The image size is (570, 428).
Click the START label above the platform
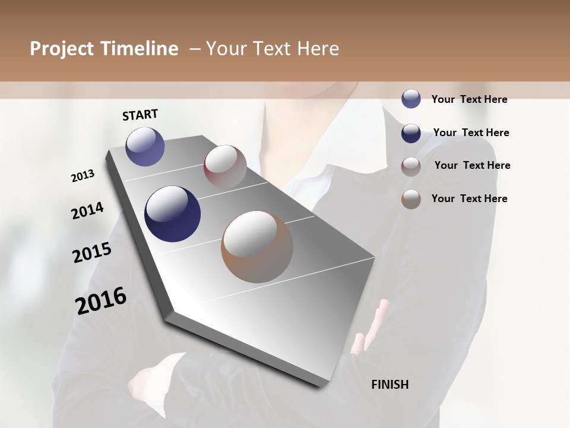tap(140, 115)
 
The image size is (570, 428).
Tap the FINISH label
tap(389, 385)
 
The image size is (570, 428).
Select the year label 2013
tap(83, 176)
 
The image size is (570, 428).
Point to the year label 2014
tap(87, 210)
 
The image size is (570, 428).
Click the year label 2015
tap(92, 253)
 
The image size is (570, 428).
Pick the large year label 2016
tap(101, 300)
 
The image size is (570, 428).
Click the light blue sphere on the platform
tap(145, 146)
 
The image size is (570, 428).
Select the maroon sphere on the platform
tap(225, 166)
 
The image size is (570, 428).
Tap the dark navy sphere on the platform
tap(172, 214)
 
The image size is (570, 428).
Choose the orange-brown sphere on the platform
tap(257, 247)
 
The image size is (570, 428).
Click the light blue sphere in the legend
tap(411, 99)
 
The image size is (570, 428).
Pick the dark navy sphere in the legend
tap(411, 133)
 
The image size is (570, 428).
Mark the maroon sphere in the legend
tap(411, 166)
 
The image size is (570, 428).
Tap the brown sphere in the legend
tap(411, 199)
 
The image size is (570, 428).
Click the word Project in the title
tap(61, 49)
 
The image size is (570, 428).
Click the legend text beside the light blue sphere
tap(469, 99)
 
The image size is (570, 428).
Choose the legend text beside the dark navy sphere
tap(471, 133)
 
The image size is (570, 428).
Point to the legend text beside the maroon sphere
tap(472, 165)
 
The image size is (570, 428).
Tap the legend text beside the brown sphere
tap(469, 199)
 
